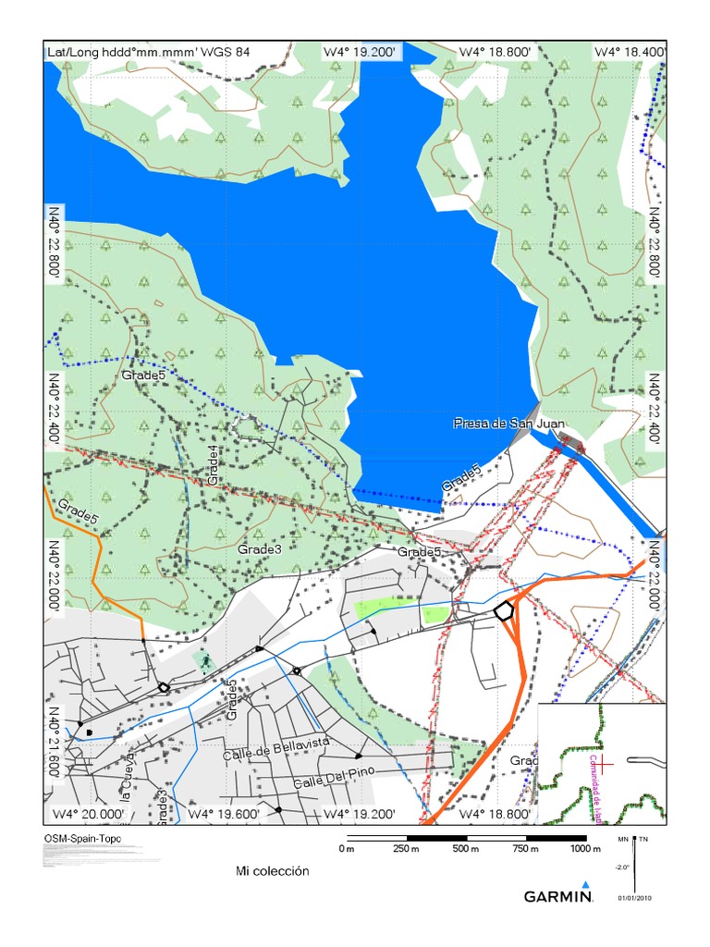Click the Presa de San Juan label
(508, 424)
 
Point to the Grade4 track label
(214, 465)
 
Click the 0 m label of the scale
(347, 849)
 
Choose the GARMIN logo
(558, 895)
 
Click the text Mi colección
(272, 871)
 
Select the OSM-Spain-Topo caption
(81, 839)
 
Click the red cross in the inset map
(601, 763)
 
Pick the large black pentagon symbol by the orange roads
(504, 611)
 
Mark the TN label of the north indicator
(643, 839)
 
